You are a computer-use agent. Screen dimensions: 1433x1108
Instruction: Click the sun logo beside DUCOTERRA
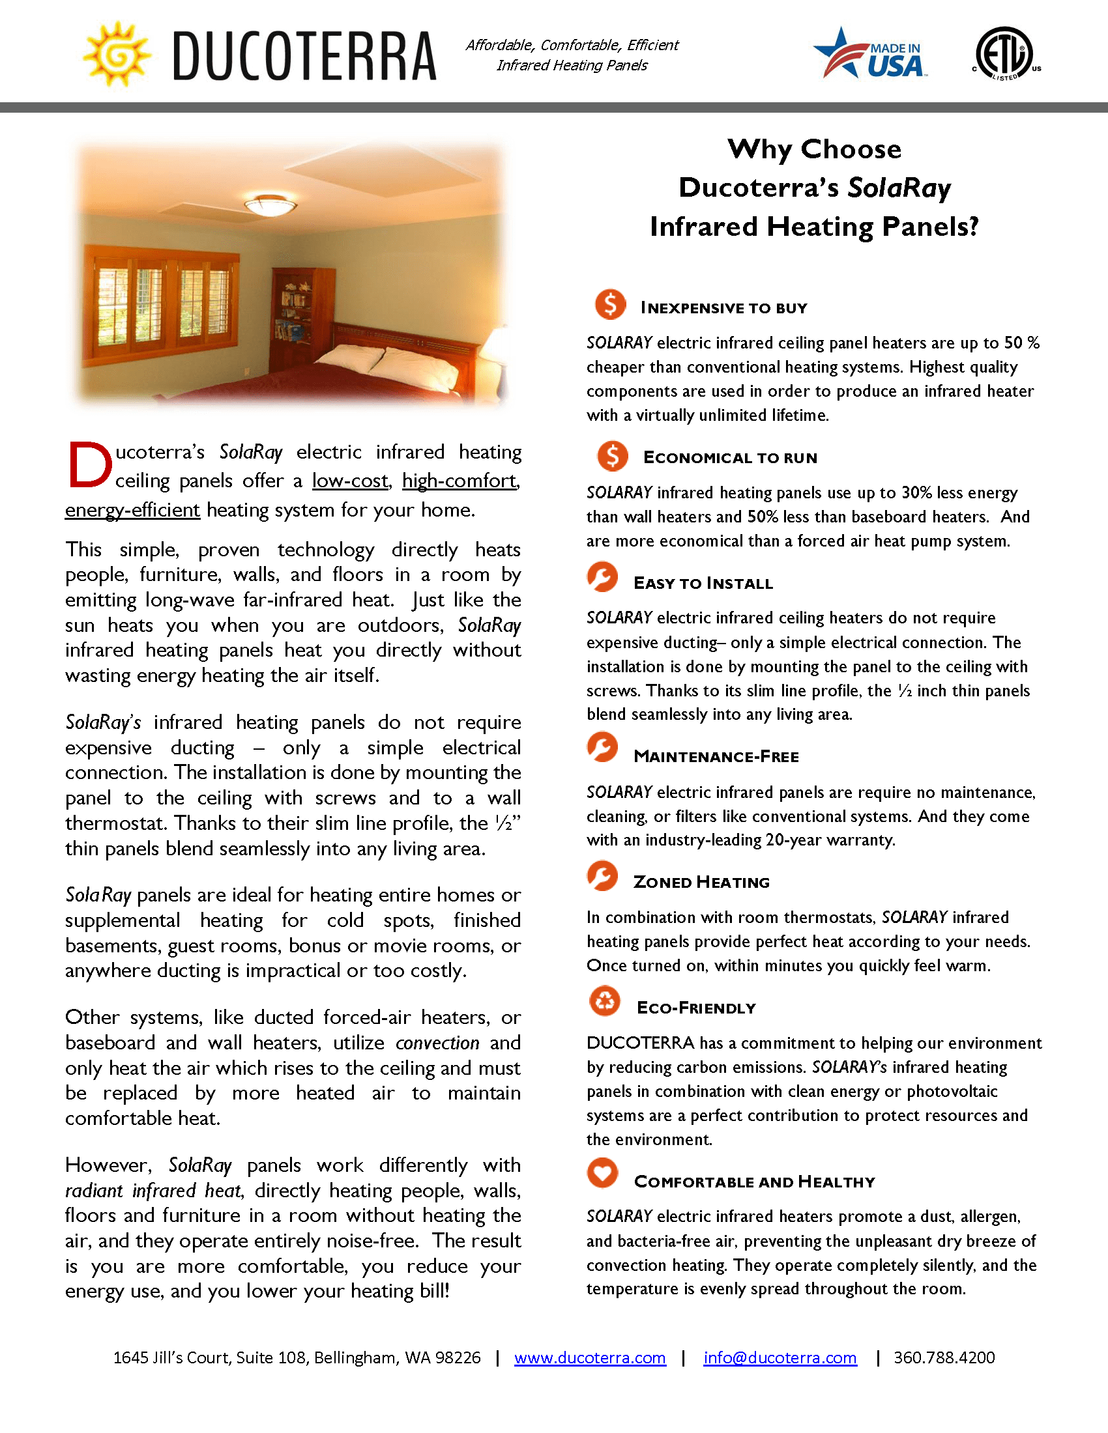(x=116, y=55)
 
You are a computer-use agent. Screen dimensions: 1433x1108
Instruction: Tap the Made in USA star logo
(x=869, y=55)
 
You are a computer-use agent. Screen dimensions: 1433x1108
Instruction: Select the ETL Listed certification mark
(x=1005, y=54)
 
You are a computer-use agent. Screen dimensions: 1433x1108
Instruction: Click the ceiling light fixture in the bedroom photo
(x=270, y=205)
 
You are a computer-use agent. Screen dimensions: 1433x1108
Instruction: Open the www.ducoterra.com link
(x=589, y=1357)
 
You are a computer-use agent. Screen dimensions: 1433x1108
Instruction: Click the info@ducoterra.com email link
(x=780, y=1357)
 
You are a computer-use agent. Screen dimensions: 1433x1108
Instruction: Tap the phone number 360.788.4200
(x=944, y=1357)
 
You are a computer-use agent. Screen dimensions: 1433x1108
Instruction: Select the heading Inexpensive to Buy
(x=723, y=308)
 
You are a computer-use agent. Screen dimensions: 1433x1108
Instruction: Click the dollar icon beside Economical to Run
(x=613, y=456)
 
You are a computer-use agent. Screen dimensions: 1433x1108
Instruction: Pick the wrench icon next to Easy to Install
(x=603, y=577)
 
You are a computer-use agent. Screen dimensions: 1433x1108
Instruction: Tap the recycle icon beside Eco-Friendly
(x=605, y=1001)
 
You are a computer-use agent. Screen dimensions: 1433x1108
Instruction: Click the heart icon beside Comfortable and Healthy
(x=603, y=1173)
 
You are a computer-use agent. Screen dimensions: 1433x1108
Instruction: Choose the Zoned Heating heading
(x=701, y=883)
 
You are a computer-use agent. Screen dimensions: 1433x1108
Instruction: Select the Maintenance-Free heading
(x=716, y=756)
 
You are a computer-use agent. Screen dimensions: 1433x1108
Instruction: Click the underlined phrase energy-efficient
(x=132, y=510)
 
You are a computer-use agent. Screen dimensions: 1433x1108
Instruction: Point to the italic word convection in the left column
(x=437, y=1043)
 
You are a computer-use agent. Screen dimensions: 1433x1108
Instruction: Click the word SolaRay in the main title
(x=899, y=188)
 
